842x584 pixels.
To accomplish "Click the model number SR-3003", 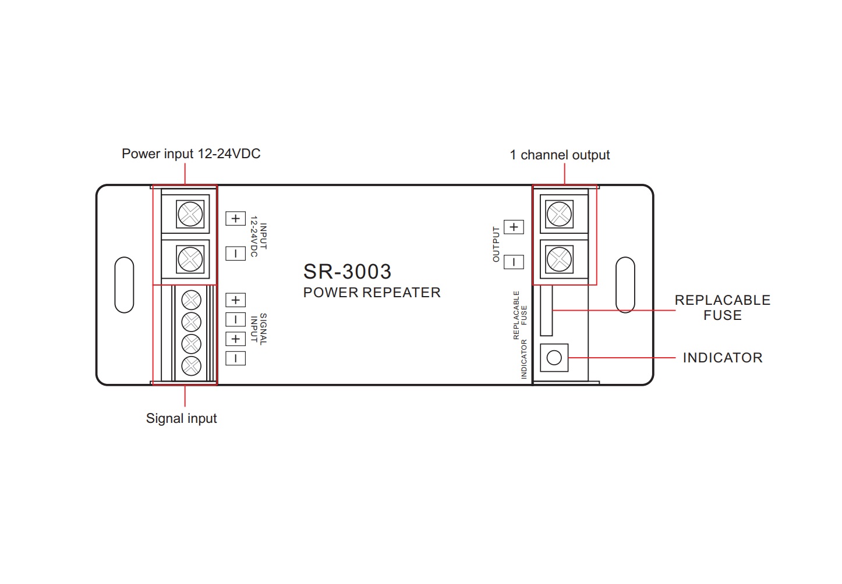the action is pos(347,271).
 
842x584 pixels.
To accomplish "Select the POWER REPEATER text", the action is pos(372,293).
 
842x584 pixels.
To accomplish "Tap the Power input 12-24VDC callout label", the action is pos(191,154).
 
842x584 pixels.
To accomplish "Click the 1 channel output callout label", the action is pos(560,155).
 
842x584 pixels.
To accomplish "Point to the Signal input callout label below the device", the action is pos(181,418).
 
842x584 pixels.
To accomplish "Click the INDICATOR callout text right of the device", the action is pos(723,358).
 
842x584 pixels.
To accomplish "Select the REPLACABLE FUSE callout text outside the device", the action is pos(723,308).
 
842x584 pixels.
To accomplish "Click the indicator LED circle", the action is pos(554,358).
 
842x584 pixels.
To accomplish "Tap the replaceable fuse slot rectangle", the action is pos(546,310).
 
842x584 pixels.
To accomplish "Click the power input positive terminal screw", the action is pos(190,214).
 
